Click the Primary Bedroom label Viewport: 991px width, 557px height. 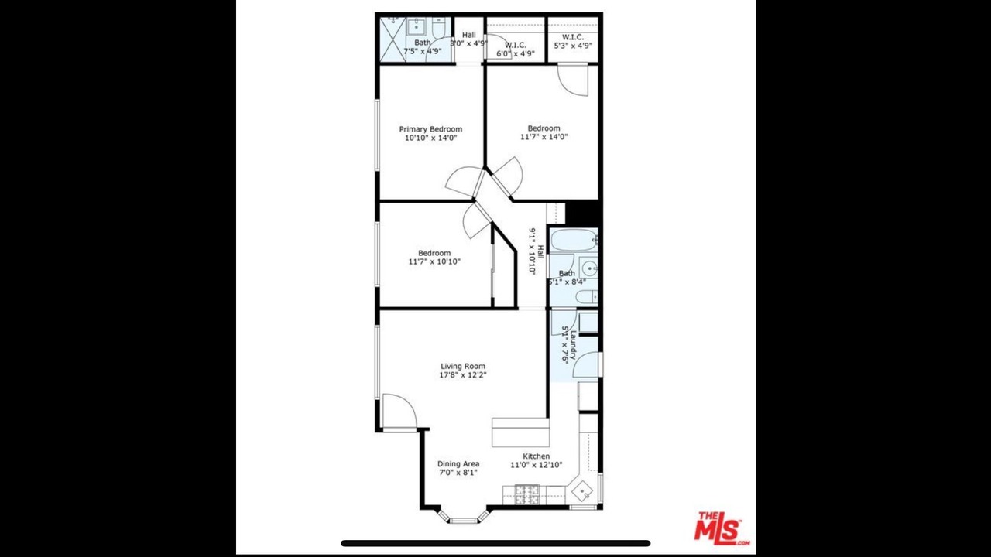(430, 129)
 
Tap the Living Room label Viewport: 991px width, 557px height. (463, 366)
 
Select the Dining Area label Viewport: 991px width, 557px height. (458, 463)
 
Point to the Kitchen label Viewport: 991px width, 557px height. (537, 456)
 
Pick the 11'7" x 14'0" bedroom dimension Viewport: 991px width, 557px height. (544, 137)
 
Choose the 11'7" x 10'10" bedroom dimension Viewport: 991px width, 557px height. (434, 261)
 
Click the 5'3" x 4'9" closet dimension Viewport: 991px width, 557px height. (573, 46)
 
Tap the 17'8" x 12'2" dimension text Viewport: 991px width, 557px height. (463, 375)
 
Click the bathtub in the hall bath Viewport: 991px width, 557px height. (574, 240)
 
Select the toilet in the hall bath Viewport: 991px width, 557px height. (587, 296)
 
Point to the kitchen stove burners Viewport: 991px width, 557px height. (527, 494)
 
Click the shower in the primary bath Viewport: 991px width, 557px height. (393, 39)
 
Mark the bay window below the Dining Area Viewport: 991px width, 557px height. (463, 518)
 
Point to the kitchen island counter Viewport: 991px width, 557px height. (521, 432)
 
